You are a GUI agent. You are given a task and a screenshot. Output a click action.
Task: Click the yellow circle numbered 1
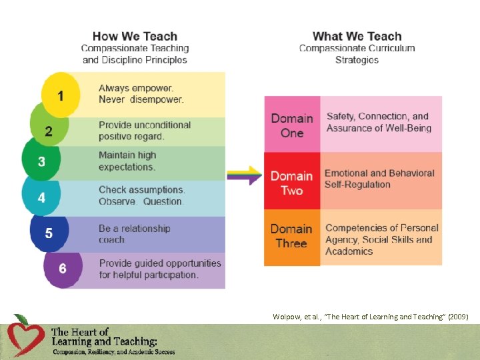click(61, 95)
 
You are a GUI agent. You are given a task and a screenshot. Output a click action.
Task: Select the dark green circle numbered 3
click(41, 162)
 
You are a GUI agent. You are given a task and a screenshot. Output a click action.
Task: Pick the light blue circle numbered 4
click(42, 197)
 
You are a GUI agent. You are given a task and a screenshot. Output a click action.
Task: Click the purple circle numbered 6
click(63, 268)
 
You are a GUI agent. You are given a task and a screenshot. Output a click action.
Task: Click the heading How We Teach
click(135, 37)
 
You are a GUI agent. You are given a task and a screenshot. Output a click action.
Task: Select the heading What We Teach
click(357, 37)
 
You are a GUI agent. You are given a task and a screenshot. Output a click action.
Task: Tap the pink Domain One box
click(292, 125)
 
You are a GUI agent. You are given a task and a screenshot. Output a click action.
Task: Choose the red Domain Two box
click(292, 183)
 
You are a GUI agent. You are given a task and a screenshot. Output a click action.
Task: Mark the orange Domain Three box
click(292, 236)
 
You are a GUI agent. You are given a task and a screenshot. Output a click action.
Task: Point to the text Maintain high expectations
click(127, 161)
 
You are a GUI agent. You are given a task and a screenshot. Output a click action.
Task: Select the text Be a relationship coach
click(134, 233)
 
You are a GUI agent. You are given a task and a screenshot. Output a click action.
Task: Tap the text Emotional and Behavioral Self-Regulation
click(379, 179)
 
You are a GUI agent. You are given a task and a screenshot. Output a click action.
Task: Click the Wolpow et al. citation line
click(371, 317)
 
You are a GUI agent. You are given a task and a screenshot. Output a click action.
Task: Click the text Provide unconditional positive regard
click(144, 130)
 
